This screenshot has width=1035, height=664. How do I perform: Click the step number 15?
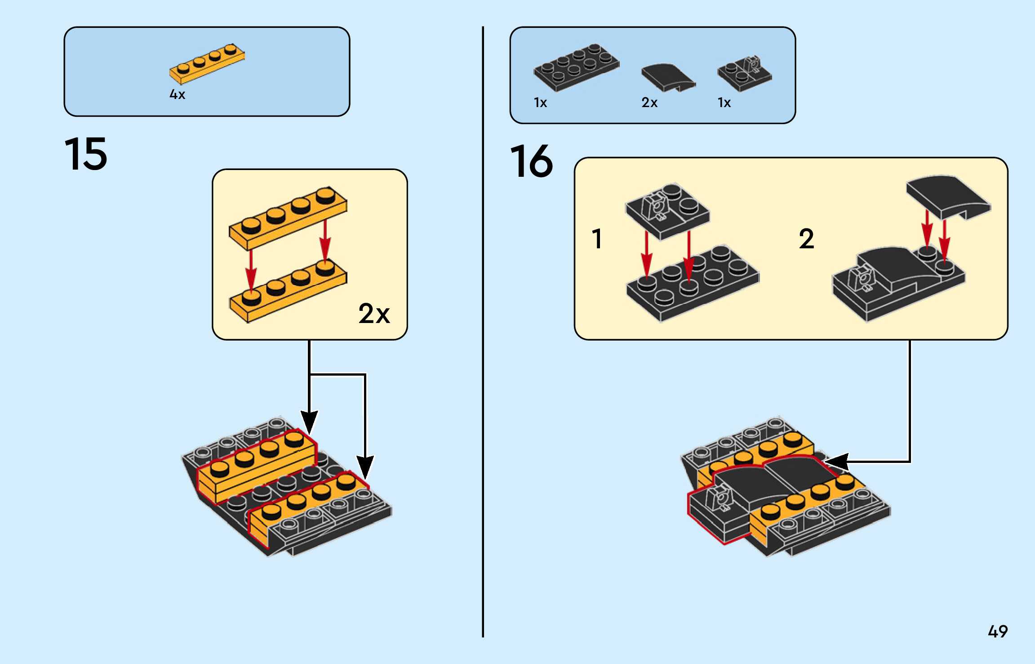86,154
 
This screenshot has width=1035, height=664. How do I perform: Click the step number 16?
531,162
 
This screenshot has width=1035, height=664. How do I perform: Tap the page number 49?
997,632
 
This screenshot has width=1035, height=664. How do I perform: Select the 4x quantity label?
177,94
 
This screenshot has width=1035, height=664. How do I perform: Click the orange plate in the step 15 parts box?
207,64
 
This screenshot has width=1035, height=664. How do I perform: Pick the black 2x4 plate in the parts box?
577,67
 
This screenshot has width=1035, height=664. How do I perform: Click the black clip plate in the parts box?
745,73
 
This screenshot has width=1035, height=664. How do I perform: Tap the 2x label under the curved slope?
649,103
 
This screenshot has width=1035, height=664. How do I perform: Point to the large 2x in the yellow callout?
374,314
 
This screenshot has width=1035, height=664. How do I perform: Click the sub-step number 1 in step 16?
597,239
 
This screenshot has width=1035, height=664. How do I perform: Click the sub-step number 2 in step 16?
806,239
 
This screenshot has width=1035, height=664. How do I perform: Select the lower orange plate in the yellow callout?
288,290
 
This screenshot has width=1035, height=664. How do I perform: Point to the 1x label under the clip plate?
724,103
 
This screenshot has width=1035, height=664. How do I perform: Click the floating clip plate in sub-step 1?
667,211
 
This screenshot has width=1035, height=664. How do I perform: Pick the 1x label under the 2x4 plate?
540,103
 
